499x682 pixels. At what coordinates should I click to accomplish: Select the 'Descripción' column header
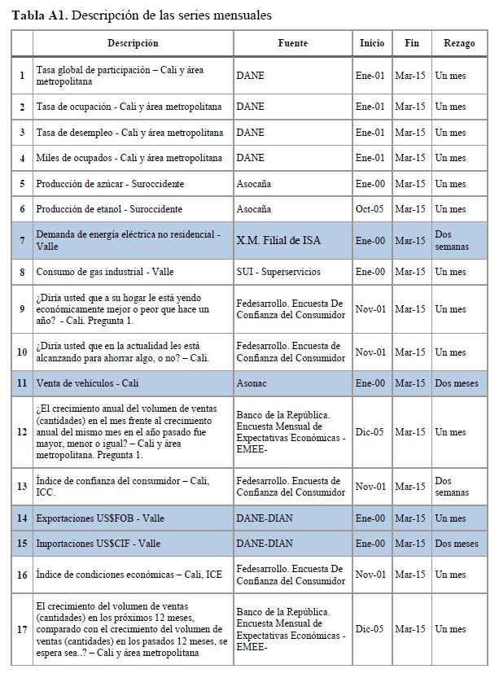click(x=133, y=43)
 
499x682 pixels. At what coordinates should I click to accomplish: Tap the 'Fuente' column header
click(x=292, y=43)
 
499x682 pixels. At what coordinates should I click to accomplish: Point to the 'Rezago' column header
click(x=459, y=43)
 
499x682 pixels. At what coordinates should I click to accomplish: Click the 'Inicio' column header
click(x=371, y=43)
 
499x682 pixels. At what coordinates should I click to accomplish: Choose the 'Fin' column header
click(x=411, y=43)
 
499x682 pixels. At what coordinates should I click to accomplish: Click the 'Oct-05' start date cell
click(x=371, y=210)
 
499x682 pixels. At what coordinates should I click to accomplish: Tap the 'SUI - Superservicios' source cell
click(x=278, y=272)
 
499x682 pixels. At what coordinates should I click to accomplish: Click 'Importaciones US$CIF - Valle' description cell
click(x=98, y=544)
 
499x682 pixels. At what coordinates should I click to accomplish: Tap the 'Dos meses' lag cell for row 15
click(x=457, y=544)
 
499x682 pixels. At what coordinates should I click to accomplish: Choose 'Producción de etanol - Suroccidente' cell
click(x=109, y=210)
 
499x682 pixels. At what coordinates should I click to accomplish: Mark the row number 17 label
click(x=22, y=629)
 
